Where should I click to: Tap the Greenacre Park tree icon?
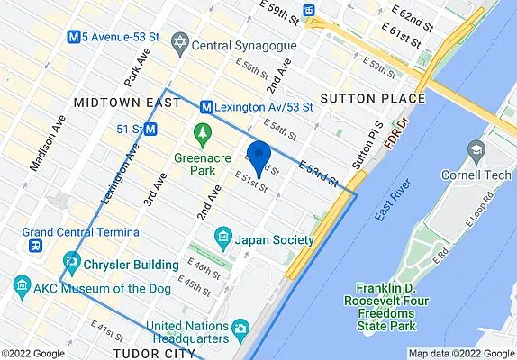coord(203,135)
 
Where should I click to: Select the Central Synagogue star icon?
coord(180,42)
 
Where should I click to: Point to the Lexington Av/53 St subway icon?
coord(206,106)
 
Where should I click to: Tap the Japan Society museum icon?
coord(222,239)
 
